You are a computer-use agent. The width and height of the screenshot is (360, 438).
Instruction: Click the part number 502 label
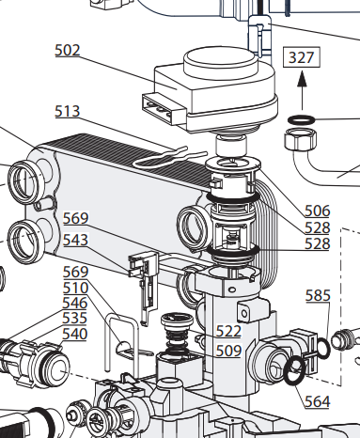[x=68, y=50]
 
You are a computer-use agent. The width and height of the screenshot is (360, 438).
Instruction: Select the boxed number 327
[x=302, y=57]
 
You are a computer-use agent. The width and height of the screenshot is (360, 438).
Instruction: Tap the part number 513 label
[x=68, y=111]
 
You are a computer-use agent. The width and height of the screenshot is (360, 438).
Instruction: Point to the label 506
[x=318, y=211]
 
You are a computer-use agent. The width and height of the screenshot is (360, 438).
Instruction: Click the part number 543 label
[x=75, y=240]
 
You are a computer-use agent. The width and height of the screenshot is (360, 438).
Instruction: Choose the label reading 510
[x=75, y=288]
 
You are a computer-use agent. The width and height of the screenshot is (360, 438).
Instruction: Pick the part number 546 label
[x=74, y=303]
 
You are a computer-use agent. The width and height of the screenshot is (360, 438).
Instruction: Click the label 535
[x=74, y=318]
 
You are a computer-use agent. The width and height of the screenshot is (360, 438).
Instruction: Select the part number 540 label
[x=74, y=334]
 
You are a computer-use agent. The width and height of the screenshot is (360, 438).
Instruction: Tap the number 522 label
[x=228, y=331]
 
